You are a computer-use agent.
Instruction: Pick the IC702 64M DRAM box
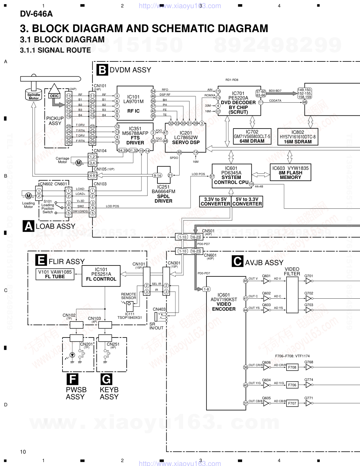coord(252,137)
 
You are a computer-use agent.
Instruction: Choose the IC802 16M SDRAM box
coord(298,137)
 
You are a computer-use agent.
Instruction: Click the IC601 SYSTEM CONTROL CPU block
coord(232,175)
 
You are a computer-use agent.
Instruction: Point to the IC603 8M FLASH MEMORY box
coord(290,173)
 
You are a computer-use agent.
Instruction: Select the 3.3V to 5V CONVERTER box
coord(215,202)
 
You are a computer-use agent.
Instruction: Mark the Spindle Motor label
coord(34,96)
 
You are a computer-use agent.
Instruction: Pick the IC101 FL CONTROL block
coord(101,276)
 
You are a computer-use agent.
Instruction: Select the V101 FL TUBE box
coord(55,274)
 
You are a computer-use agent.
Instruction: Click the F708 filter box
coord(292,368)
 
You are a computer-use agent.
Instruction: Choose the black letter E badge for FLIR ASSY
coord(41,261)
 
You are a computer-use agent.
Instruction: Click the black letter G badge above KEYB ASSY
coord(106,379)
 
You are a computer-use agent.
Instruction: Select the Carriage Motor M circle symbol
coord(79,163)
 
